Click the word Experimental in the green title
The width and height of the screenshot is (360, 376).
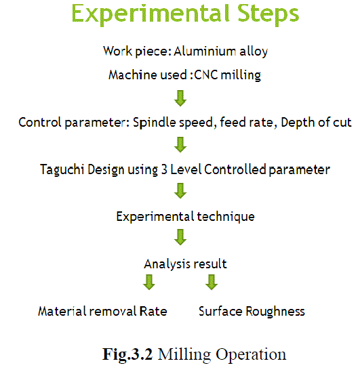click(x=151, y=14)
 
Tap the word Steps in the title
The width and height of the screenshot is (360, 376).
click(x=268, y=14)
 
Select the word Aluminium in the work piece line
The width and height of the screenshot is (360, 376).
click(x=205, y=51)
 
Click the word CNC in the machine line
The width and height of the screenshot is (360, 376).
click(x=206, y=75)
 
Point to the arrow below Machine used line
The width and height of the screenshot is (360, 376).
click(x=180, y=98)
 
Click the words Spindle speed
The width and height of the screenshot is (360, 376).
click(x=173, y=123)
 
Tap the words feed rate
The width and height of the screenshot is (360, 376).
click(x=247, y=123)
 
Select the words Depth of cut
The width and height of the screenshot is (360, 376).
click(x=316, y=123)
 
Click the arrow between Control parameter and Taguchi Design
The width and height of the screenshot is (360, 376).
click(x=180, y=144)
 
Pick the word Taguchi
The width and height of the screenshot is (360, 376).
click(x=62, y=170)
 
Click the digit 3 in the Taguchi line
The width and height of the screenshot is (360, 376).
click(x=164, y=169)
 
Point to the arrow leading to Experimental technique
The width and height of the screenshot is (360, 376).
click(x=180, y=191)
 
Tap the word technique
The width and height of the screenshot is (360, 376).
click(x=226, y=217)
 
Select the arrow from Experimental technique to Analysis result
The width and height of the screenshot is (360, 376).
click(x=180, y=237)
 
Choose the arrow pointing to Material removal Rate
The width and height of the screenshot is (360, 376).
click(x=148, y=283)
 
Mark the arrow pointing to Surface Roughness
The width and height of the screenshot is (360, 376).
click(x=212, y=283)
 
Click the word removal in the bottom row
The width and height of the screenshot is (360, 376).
click(x=113, y=312)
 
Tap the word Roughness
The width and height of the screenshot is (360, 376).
click(x=275, y=312)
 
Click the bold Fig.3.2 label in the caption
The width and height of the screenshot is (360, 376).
click(x=127, y=354)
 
